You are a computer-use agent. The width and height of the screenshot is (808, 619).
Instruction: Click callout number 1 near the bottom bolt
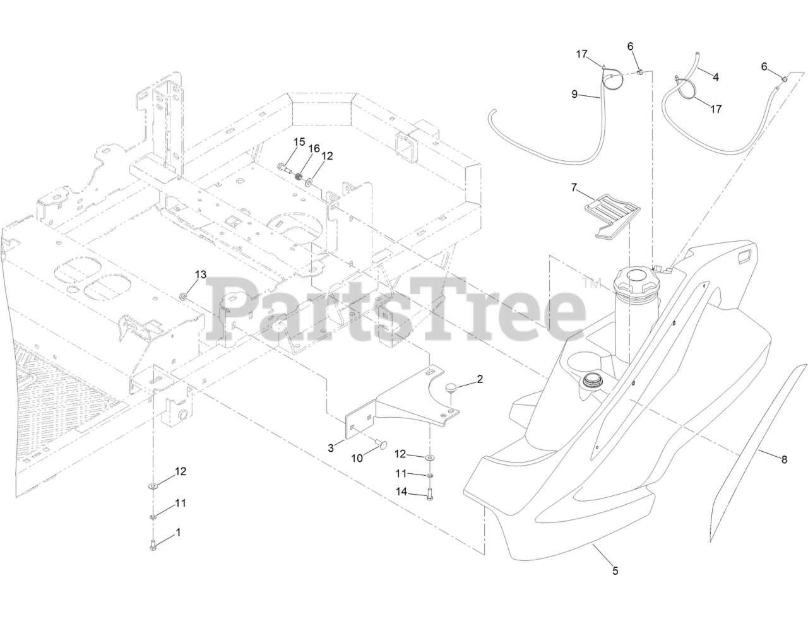[177, 532]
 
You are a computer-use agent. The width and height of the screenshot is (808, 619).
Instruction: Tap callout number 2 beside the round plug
[480, 379]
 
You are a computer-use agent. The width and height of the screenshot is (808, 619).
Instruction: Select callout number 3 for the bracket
[330, 448]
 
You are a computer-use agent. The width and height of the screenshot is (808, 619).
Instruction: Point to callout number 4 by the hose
[715, 77]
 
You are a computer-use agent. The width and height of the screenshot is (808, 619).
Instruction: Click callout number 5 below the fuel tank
[615, 571]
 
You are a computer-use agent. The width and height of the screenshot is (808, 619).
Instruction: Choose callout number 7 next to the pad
[574, 187]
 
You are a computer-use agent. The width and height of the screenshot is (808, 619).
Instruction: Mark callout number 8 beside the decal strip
[784, 460]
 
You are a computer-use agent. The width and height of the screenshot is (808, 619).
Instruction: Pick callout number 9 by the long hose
[574, 94]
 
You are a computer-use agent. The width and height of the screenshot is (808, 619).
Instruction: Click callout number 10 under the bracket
[357, 459]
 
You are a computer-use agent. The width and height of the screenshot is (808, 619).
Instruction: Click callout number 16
[314, 148]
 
